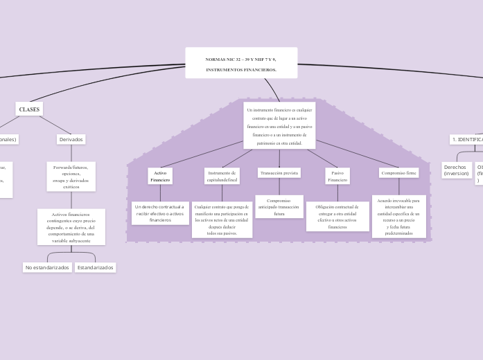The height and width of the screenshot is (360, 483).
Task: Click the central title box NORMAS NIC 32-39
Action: (x=241, y=63)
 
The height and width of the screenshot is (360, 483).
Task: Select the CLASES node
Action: (x=29, y=109)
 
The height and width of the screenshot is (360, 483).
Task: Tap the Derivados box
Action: (x=71, y=139)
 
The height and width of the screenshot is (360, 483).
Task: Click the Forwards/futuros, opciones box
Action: (x=71, y=177)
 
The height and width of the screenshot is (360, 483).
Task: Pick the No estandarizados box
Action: (x=47, y=267)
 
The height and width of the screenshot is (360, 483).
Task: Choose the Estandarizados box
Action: (x=96, y=267)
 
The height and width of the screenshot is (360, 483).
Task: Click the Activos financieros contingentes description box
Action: (x=71, y=227)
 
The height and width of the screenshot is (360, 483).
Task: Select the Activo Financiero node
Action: (x=160, y=176)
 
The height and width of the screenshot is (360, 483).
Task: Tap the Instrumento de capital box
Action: (x=222, y=176)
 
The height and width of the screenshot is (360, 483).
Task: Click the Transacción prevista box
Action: (x=279, y=172)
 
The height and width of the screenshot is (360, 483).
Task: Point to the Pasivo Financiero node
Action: (x=337, y=176)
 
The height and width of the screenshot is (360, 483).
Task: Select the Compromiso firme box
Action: (x=399, y=172)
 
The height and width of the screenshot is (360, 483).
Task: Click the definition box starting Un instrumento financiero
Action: (x=279, y=126)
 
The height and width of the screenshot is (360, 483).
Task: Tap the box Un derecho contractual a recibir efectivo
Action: (x=160, y=213)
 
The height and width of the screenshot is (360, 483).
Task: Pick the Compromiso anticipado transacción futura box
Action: (x=279, y=206)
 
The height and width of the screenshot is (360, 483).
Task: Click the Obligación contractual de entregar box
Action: (x=337, y=216)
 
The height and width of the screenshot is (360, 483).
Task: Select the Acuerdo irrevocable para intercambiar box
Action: (x=399, y=216)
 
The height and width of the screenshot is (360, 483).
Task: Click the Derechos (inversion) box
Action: (x=456, y=170)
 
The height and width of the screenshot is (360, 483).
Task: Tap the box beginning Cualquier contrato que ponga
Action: (x=222, y=219)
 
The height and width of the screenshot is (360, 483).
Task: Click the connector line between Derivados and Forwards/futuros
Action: (x=71, y=153)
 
